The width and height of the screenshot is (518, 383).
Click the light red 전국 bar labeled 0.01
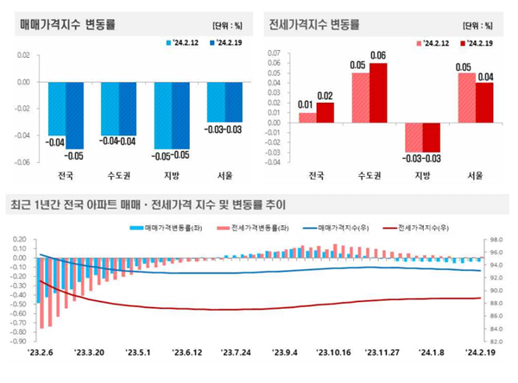pyautogui.click(x=307, y=117)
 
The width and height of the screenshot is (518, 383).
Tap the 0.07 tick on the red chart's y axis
pyautogui.click(x=275, y=53)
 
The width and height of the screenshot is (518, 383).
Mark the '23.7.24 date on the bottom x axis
pyautogui.click(x=236, y=351)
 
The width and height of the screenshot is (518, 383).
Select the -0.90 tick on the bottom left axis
pyautogui.click(x=16, y=342)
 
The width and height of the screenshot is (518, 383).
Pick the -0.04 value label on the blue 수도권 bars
pyautogui.click(x=118, y=141)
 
